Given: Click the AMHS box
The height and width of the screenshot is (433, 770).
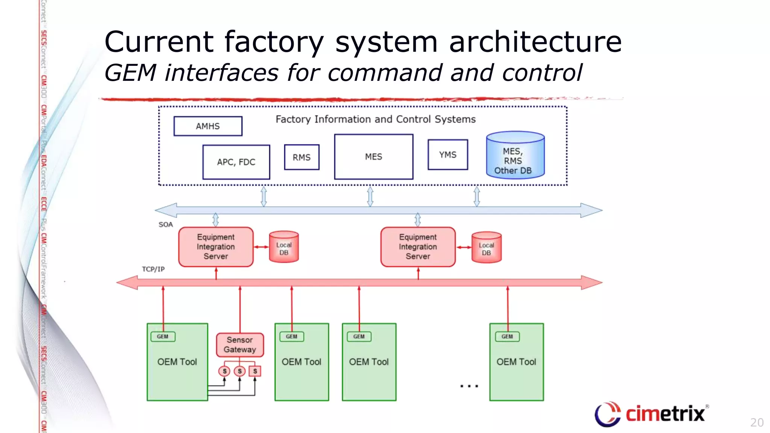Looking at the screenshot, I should click(x=208, y=126).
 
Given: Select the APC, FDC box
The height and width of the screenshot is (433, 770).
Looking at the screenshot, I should click(x=236, y=162).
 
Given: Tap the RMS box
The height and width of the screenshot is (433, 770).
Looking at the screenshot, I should click(x=302, y=157).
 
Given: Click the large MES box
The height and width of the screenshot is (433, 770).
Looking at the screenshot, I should click(x=373, y=157).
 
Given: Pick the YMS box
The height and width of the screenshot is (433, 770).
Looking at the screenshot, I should click(x=447, y=155).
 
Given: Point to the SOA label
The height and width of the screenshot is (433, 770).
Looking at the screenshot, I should click(x=165, y=224).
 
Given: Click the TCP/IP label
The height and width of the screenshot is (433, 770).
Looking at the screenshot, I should click(x=153, y=269).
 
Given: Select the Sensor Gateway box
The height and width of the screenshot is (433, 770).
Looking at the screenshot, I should click(x=240, y=345).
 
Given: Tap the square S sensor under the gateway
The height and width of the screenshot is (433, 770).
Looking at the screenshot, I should click(x=255, y=371).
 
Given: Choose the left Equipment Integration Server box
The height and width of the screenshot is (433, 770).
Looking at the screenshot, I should click(x=216, y=247).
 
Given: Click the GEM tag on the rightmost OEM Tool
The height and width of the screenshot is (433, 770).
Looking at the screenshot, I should click(x=507, y=336).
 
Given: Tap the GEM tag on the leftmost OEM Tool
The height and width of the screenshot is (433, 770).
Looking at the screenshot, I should click(x=162, y=336).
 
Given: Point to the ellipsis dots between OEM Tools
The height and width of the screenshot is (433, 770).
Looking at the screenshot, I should click(x=469, y=386).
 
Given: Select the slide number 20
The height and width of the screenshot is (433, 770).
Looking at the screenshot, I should click(x=756, y=422).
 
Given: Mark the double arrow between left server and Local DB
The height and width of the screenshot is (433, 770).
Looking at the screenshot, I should click(x=261, y=247).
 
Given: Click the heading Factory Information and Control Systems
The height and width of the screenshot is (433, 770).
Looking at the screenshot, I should click(x=375, y=119).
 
